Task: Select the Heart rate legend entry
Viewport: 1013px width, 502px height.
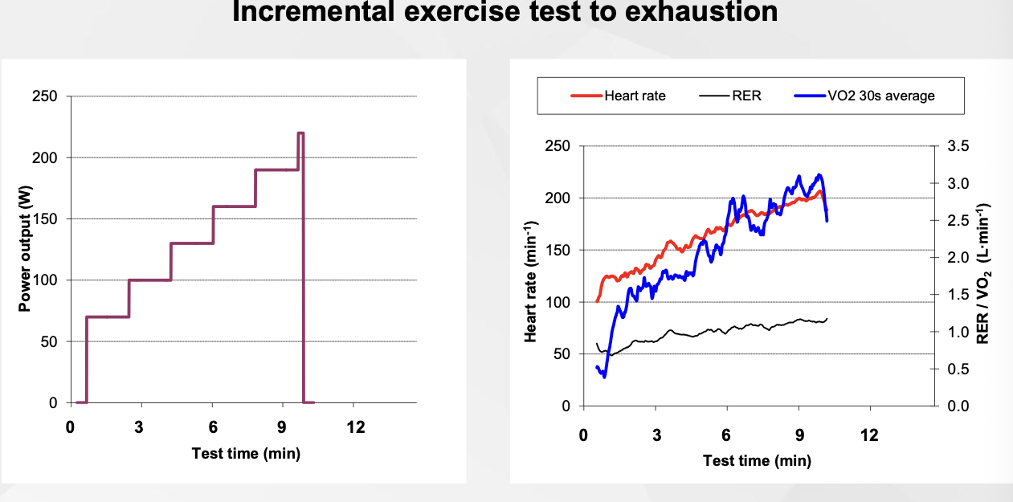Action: (x=635, y=96)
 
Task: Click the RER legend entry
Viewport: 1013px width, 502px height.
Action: (x=746, y=96)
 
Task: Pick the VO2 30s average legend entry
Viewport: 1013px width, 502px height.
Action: (x=881, y=96)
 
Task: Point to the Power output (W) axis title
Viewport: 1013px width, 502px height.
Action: (x=25, y=249)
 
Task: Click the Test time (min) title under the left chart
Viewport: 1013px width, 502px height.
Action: (x=246, y=454)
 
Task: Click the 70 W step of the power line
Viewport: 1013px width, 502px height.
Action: (x=108, y=316)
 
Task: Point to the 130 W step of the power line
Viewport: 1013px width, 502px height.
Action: (x=192, y=243)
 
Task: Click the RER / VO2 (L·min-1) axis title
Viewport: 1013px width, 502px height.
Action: (x=982, y=275)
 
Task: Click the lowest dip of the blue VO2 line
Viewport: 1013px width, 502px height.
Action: (x=604, y=376)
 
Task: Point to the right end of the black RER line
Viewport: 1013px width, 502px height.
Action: (x=827, y=319)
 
